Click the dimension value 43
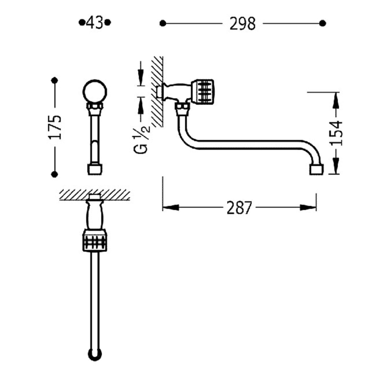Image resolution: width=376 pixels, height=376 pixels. (x=95, y=23)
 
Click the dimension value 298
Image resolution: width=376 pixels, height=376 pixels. (x=243, y=24)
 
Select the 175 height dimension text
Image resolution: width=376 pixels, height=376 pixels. (x=55, y=127)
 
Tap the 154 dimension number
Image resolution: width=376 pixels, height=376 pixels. (x=336, y=133)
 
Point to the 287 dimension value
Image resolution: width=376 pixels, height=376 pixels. (x=239, y=208)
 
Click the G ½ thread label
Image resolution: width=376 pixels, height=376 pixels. (x=141, y=140)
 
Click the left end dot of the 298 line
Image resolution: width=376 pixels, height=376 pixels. (x=163, y=23)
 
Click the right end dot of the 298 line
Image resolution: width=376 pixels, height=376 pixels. (x=323, y=23)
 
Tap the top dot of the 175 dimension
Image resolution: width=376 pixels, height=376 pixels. (x=55, y=80)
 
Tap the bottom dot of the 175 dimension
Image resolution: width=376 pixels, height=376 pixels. (x=55, y=174)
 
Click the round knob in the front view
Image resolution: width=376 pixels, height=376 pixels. (x=95, y=91)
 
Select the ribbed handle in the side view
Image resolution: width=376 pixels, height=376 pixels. (x=203, y=92)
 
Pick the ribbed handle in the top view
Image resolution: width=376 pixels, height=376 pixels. (x=95, y=240)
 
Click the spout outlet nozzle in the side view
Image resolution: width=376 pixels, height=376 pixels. (x=316, y=169)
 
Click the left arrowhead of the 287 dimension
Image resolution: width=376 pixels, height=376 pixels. (x=171, y=208)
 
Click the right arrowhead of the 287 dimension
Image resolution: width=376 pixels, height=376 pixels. (x=308, y=208)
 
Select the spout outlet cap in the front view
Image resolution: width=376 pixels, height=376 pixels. (x=95, y=169)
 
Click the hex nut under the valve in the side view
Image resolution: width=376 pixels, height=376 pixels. (x=182, y=109)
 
